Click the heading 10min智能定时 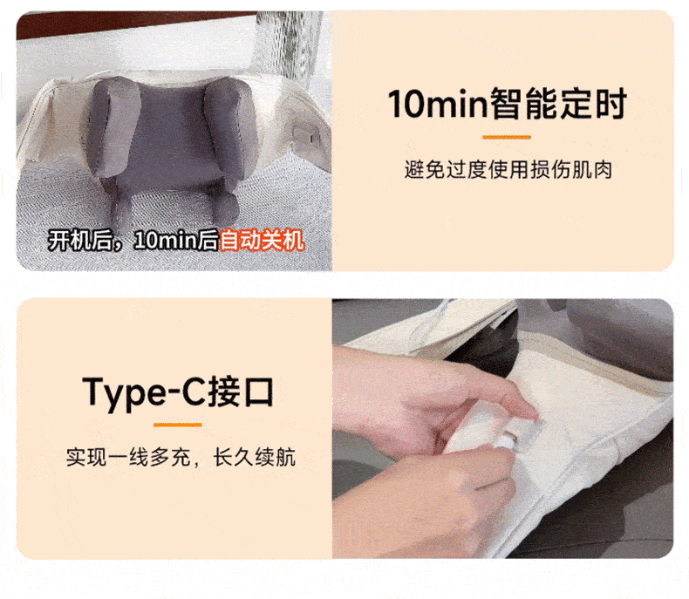point(507,104)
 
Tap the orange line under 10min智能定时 point(507,138)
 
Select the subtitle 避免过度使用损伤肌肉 point(508,170)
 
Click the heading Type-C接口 point(178,392)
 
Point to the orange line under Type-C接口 point(178,425)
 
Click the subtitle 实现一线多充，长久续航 point(181,457)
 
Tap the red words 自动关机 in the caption point(262,241)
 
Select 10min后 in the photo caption point(176,241)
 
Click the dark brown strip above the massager point(132,24)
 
